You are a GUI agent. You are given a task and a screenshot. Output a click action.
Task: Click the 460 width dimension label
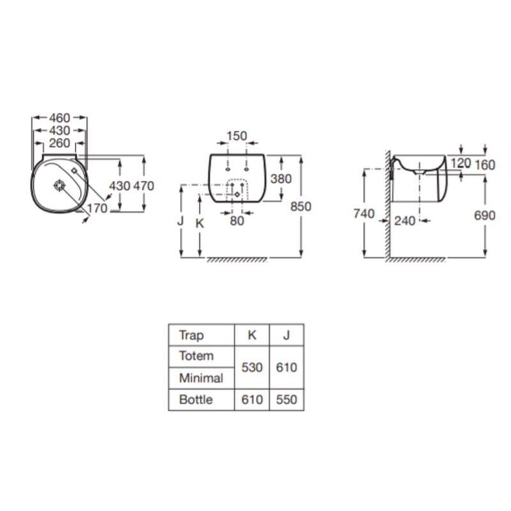coord(59,118)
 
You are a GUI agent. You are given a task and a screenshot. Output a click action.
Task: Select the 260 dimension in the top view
coord(59,142)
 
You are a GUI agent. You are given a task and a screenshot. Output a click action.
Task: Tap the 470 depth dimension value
coord(143,186)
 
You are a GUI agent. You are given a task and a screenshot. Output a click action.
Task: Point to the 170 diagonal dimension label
coord(97,208)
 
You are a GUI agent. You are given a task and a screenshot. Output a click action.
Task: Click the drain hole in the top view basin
coord(59,185)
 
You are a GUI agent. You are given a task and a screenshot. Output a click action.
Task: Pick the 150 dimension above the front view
coord(236,136)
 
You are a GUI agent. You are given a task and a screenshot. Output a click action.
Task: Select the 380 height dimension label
coord(281,179)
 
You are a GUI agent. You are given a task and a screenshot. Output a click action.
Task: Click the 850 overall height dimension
coord(300,206)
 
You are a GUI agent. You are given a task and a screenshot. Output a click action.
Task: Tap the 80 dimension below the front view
coord(237,220)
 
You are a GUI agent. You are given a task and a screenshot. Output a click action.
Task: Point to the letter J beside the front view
coord(180,220)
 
